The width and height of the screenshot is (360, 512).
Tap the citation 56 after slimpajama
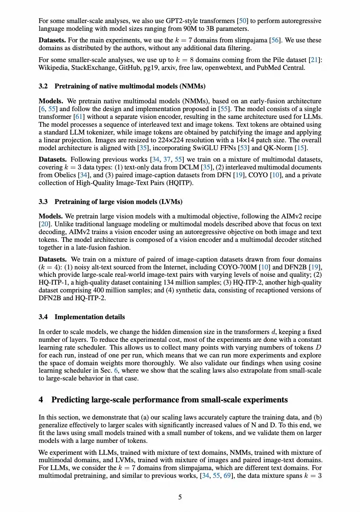275,40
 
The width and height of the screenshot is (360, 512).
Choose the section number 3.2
43,86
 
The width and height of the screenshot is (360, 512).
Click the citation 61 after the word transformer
79,117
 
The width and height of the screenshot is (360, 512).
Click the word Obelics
65,175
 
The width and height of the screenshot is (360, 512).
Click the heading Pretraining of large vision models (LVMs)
118,202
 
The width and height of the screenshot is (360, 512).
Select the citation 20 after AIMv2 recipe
45,224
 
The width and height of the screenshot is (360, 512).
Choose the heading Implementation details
90,317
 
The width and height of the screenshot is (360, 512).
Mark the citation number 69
227,476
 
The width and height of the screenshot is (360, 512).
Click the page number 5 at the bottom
180,497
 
